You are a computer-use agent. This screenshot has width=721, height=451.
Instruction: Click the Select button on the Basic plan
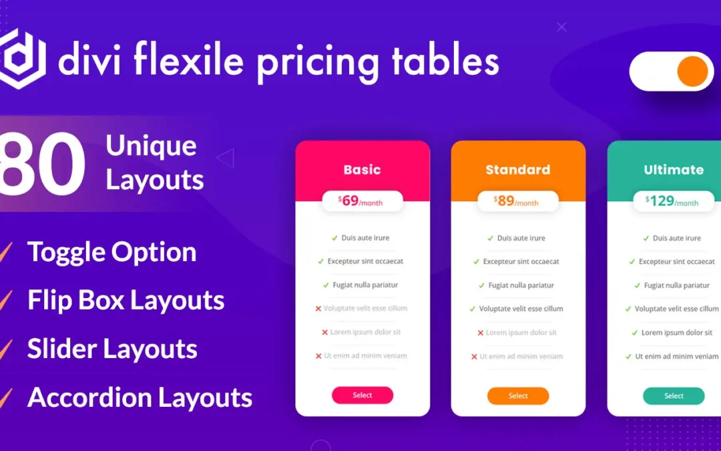pyautogui.click(x=363, y=396)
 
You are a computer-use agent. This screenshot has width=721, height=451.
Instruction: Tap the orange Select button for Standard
pyautogui.click(x=518, y=396)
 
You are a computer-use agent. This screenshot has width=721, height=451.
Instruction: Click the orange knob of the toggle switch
pyautogui.click(x=692, y=71)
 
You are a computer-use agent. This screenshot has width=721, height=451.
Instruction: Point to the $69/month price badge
pyautogui.click(x=363, y=201)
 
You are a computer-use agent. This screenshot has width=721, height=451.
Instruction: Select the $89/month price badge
pyautogui.click(x=518, y=201)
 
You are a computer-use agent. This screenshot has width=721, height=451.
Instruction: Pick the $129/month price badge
pyautogui.click(x=674, y=201)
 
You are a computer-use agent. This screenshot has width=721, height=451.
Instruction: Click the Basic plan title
pyautogui.click(x=363, y=170)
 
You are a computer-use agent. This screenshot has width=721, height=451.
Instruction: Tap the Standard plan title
pyautogui.click(x=518, y=170)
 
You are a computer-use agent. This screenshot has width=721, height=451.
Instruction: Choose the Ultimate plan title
pyautogui.click(x=674, y=170)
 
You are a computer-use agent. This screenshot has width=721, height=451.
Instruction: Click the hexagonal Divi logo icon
pyautogui.click(x=21, y=58)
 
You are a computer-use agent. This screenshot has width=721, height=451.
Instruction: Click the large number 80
pyautogui.click(x=42, y=164)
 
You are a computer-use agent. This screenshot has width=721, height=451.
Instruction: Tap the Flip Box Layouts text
pyautogui.click(x=126, y=300)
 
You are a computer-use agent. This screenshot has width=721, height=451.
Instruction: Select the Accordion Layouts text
pyautogui.click(x=140, y=397)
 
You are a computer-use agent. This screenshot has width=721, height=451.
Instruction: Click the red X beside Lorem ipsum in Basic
pyautogui.click(x=324, y=332)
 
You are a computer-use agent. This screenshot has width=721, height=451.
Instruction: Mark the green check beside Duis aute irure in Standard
pyautogui.click(x=490, y=239)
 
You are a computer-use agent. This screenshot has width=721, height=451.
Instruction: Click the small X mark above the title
pyautogui.click(x=561, y=27)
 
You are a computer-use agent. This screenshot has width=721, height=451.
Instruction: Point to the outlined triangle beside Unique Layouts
pyautogui.click(x=226, y=158)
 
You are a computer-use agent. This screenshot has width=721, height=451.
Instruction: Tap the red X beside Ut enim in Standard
pyautogui.click(x=474, y=357)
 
